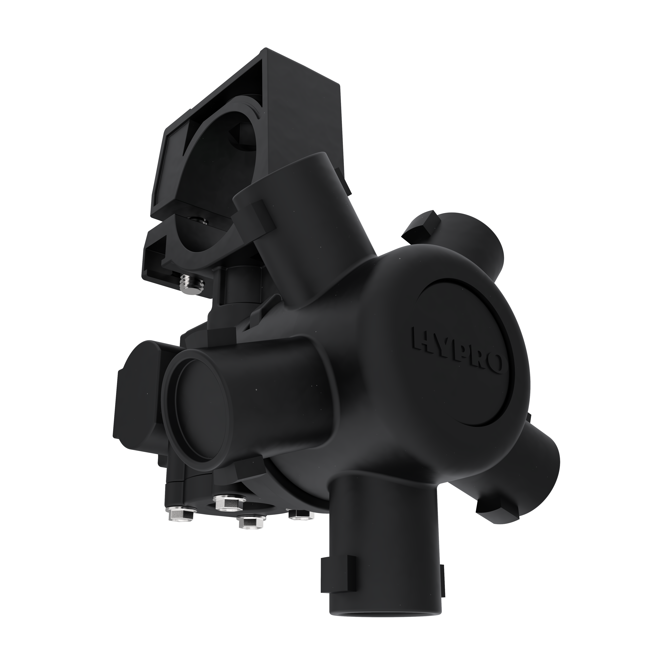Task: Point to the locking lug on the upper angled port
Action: [260, 219]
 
